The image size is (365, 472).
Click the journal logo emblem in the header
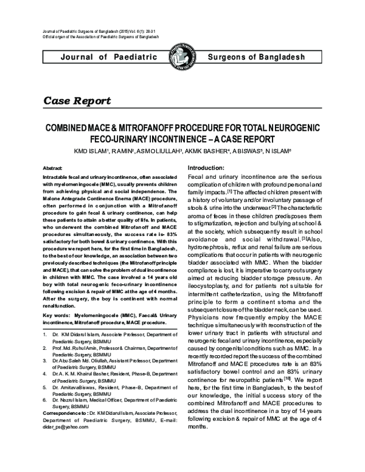182,58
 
